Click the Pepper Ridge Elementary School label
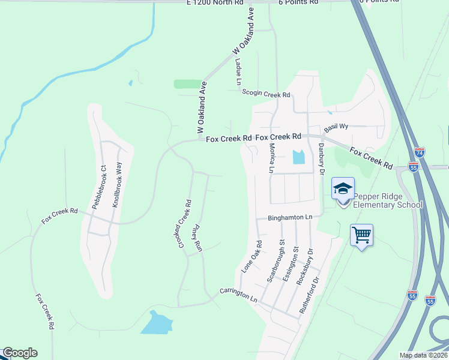coord(388,200)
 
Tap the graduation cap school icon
coord(343,189)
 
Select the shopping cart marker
coord(361,235)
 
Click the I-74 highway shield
coord(420,152)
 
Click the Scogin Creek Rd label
coord(266,94)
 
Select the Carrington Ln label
coord(238,295)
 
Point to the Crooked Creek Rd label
coord(184,225)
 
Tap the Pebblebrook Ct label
coord(99,187)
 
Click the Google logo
coord(20,353)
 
